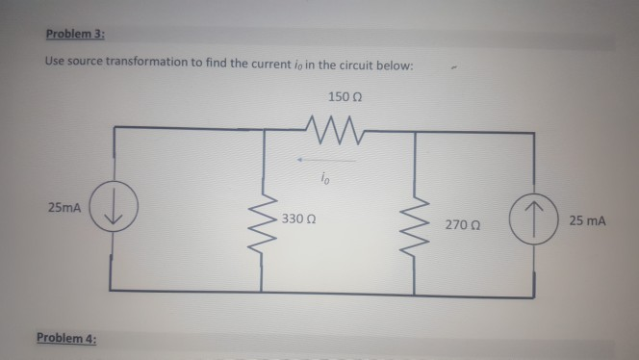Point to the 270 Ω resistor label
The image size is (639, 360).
(462, 223)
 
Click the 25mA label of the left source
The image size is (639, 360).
(63, 208)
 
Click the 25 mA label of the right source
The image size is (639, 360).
(587, 220)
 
